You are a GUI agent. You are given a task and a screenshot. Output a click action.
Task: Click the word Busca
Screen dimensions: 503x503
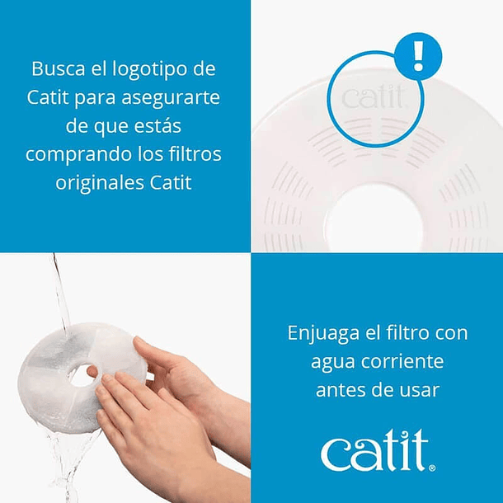(x=59, y=69)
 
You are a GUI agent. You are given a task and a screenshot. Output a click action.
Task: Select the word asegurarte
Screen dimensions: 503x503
(x=171, y=98)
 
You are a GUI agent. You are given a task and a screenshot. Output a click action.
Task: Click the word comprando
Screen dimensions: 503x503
(x=78, y=155)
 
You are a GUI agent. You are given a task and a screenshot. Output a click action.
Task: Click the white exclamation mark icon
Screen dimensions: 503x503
(x=418, y=56)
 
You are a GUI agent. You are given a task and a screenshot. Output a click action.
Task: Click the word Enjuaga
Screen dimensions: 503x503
(x=323, y=334)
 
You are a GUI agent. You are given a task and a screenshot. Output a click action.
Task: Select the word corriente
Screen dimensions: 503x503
(x=402, y=361)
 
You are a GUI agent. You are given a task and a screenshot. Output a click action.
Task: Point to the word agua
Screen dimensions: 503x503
(x=333, y=364)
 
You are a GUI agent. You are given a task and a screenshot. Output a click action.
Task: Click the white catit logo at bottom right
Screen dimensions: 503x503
(x=375, y=451)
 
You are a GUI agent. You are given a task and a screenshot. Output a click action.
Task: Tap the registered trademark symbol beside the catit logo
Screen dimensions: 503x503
(x=432, y=468)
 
